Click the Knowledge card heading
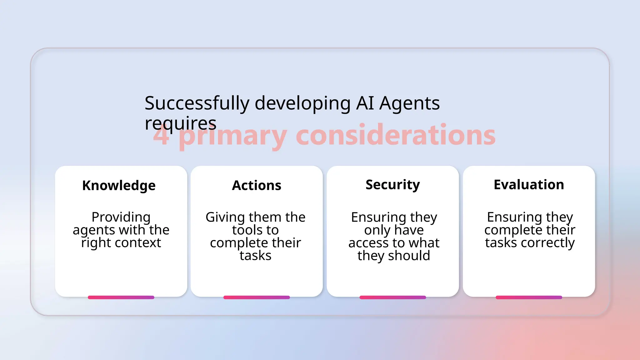(119, 186)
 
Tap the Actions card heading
(257, 186)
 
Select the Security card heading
(392, 185)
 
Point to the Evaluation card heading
(529, 185)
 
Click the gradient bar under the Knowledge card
(121, 297)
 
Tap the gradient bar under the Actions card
(257, 297)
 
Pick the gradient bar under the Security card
(392, 297)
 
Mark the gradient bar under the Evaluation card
(529, 297)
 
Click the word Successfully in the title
(197, 103)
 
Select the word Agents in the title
(409, 103)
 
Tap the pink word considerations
(395, 135)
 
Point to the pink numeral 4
(161, 136)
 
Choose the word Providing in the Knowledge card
(121, 217)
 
